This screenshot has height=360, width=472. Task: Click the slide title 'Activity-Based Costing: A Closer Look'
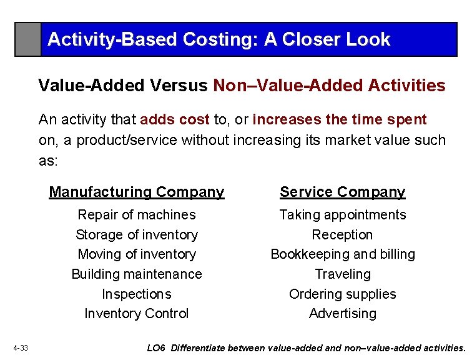219,40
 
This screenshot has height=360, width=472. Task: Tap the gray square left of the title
28,39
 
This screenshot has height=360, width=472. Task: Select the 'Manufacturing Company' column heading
137,192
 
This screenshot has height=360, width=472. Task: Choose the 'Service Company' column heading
342,192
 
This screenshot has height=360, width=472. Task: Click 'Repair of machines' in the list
137,215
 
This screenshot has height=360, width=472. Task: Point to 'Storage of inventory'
137,235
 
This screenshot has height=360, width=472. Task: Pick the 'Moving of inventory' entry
137,254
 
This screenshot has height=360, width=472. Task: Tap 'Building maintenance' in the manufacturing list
137,274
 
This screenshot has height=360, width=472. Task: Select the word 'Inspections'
137,294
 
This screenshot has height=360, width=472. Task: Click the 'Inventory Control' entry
137,314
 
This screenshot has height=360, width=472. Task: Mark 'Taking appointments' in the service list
342,215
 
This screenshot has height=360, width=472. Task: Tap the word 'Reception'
342,235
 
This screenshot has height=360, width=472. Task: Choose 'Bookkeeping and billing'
342,254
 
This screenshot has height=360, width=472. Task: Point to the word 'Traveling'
342,274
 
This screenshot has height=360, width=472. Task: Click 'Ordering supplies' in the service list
342,294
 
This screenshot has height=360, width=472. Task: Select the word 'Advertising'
342,314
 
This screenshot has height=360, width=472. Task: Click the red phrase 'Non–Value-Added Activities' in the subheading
329,86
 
